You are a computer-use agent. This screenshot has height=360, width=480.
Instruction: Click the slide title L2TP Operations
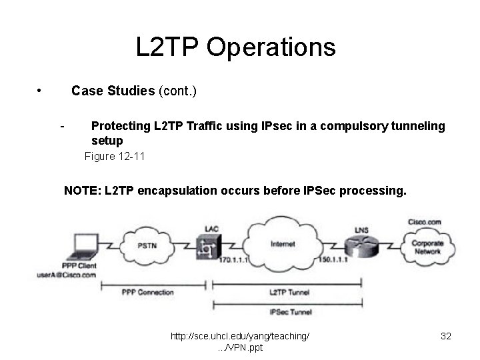[235, 47]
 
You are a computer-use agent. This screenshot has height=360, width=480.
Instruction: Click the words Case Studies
[113, 91]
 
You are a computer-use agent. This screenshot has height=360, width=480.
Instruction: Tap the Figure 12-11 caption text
[114, 157]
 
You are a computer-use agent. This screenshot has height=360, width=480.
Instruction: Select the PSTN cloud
[149, 245]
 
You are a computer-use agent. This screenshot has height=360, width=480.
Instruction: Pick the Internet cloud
[283, 245]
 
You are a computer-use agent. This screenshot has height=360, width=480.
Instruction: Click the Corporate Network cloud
[427, 247]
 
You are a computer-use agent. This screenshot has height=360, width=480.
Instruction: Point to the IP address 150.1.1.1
[333, 259]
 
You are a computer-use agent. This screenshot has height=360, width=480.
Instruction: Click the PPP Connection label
[148, 292]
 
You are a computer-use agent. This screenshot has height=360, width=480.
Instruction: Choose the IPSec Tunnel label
[291, 311]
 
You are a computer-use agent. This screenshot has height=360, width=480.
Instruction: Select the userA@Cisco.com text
[67, 275]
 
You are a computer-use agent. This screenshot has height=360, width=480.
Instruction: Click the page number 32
[446, 337]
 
